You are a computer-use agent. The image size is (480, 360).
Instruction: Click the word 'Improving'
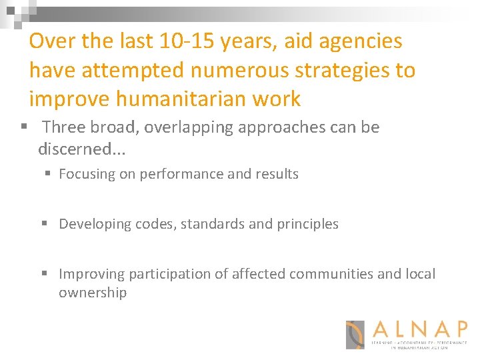(x=91, y=274)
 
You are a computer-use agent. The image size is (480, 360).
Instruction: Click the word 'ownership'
(x=93, y=293)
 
